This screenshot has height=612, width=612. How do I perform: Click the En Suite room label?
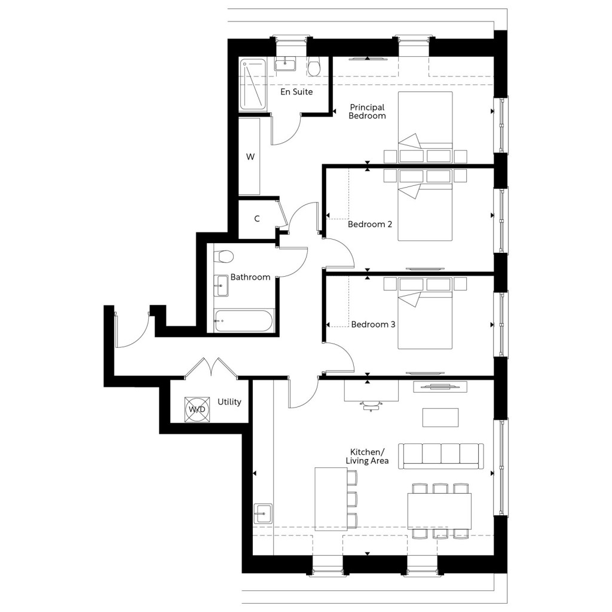click(x=296, y=92)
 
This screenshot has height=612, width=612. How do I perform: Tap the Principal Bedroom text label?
click(x=368, y=111)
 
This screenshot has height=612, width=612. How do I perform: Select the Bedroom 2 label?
click(x=370, y=224)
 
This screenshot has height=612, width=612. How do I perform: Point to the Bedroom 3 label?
click(x=373, y=325)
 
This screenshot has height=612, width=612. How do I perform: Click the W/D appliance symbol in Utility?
click(x=197, y=409)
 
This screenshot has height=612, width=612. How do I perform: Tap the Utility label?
click(x=229, y=402)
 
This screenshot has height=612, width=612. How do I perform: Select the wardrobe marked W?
click(x=250, y=157)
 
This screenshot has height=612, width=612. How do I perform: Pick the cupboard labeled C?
click(x=257, y=219)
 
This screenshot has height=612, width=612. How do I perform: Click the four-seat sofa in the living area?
click(x=441, y=455)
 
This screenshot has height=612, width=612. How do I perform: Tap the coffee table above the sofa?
click(x=440, y=417)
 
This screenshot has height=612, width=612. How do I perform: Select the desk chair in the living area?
click(x=371, y=406)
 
